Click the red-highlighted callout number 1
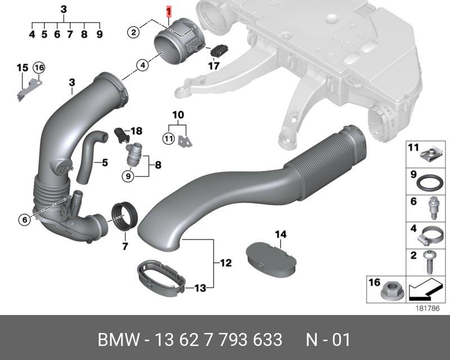(x=169, y=12)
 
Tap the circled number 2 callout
(x=133, y=32)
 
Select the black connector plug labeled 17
(x=219, y=51)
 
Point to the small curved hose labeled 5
(x=89, y=156)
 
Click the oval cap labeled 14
(x=271, y=260)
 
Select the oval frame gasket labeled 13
(x=161, y=276)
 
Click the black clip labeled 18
(x=121, y=136)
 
